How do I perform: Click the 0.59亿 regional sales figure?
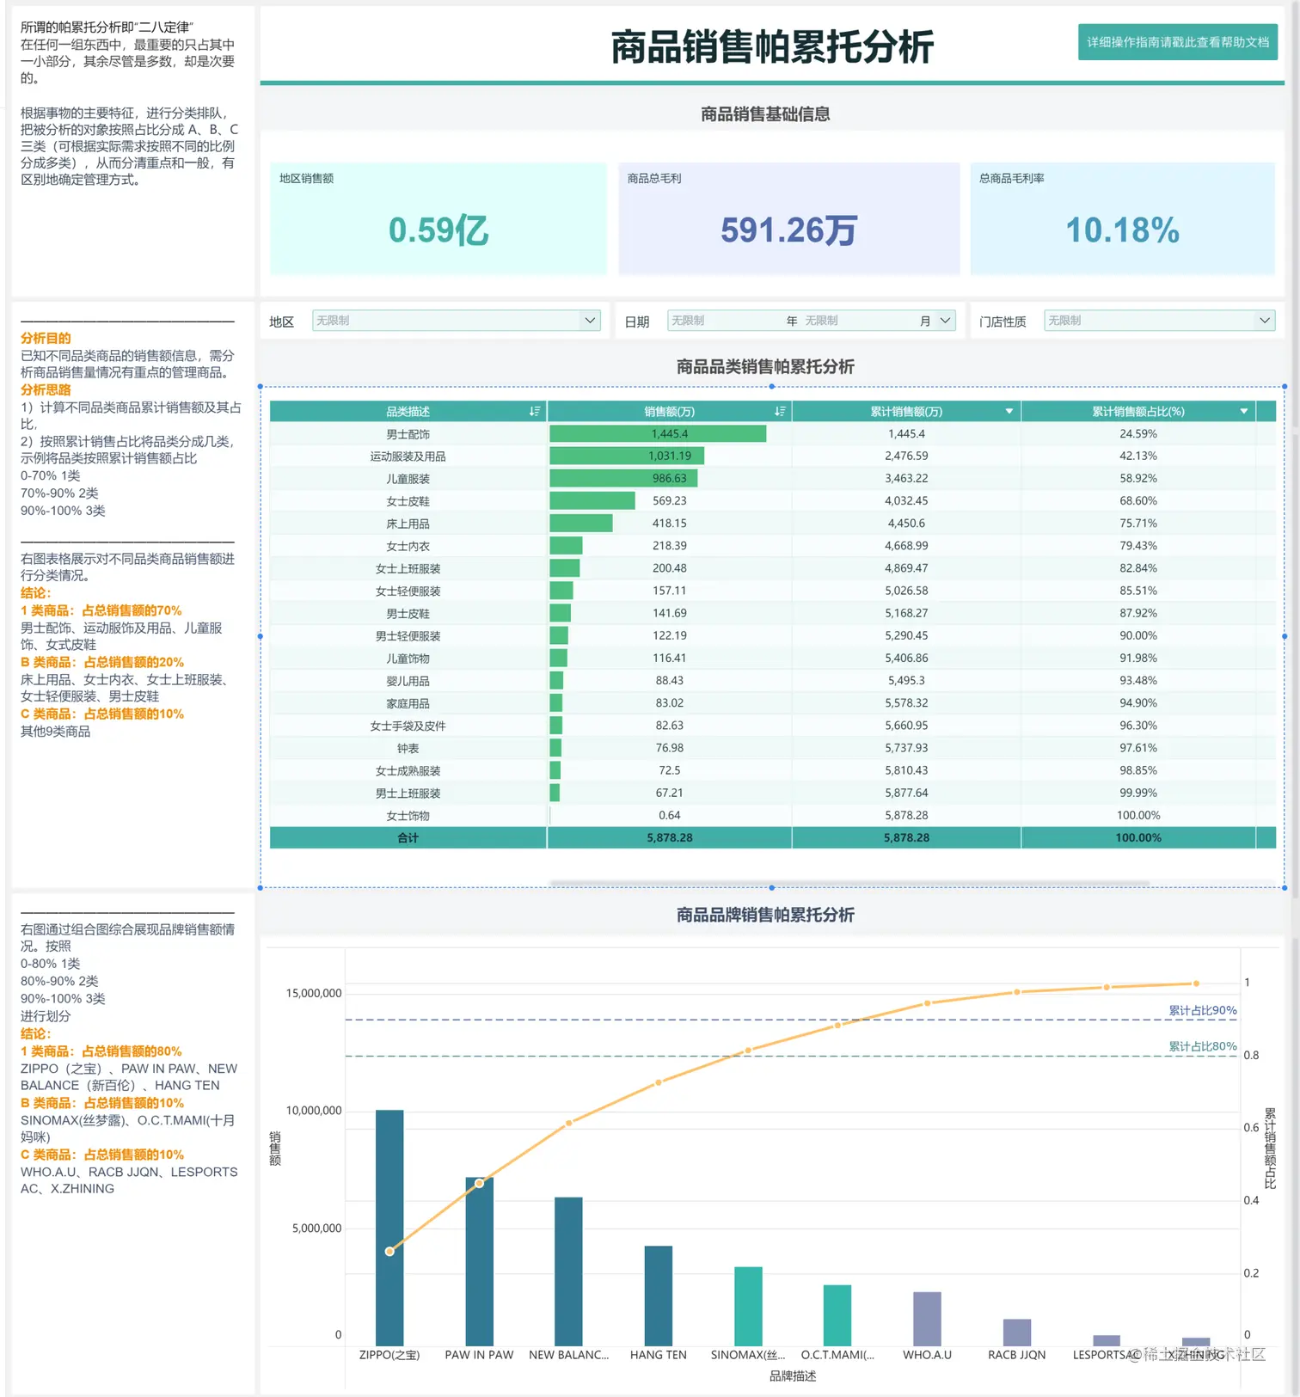click(x=438, y=230)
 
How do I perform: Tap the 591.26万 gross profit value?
click(x=788, y=230)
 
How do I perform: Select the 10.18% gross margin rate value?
click(x=1122, y=230)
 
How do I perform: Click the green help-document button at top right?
click(x=1177, y=42)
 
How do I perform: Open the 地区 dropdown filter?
click(x=456, y=321)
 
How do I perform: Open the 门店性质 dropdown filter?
click(x=1158, y=321)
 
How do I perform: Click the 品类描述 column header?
click(x=408, y=412)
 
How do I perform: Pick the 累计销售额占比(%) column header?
click(x=1137, y=412)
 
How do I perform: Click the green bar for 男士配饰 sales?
click(x=658, y=434)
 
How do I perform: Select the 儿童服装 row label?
click(x=408, y=479)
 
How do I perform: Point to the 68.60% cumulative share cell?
click(x=1137, y=500)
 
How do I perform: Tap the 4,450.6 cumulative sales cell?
click(x=906, y=523)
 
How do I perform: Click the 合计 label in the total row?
click(x=408, y=837)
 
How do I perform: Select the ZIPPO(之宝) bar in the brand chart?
click(x=389, y=1229)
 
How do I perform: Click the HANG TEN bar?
click(x=658, y=1296)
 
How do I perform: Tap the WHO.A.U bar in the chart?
click(x=927, y=1319)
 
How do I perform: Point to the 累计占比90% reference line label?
click(x=1202, y=1010)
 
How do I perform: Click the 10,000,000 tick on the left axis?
click(x=314, y=1111)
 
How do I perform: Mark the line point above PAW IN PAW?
click(x=479, y=1184)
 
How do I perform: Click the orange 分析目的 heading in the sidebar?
click(x=46, y=338)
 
